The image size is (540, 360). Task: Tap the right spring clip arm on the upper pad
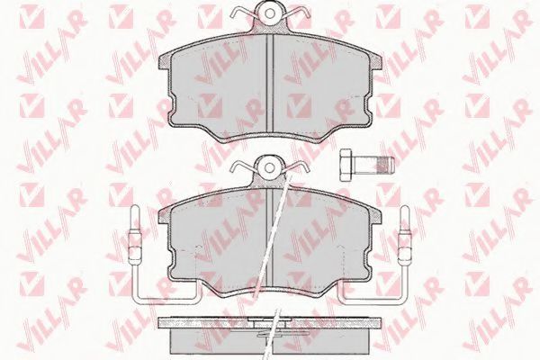coord(297,17)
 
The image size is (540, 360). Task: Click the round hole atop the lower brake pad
coord(270,165)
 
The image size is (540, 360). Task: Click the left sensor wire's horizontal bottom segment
coord(166,298)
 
